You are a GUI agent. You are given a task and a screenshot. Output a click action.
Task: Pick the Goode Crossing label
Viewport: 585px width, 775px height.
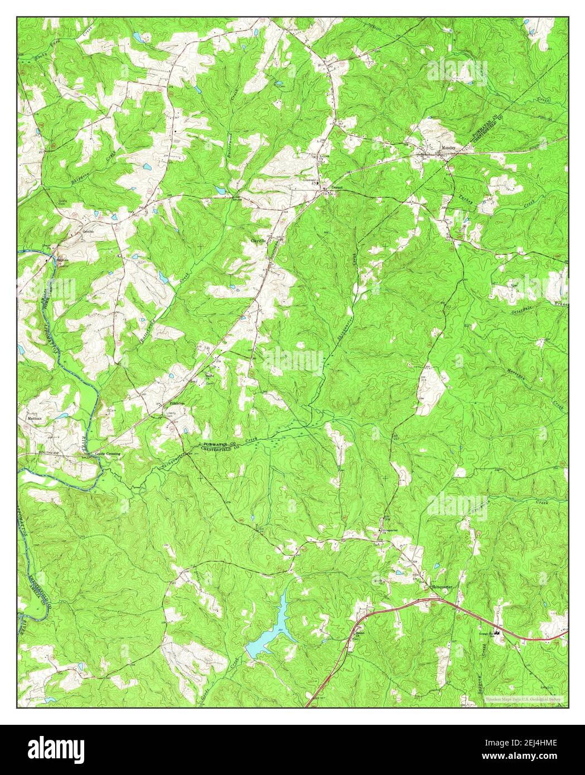pos(108,454)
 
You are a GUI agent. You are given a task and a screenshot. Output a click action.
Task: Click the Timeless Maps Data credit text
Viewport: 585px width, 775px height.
pos(523,699)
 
